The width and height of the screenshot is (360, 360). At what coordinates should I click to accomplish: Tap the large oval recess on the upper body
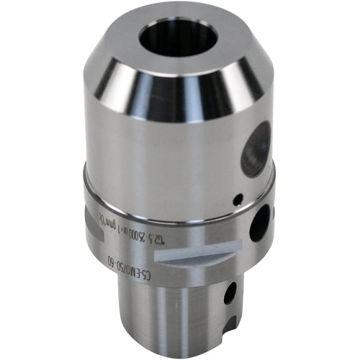[x=256, y=148]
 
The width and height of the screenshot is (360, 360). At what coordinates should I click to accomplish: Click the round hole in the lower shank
[x=230, y=292]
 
